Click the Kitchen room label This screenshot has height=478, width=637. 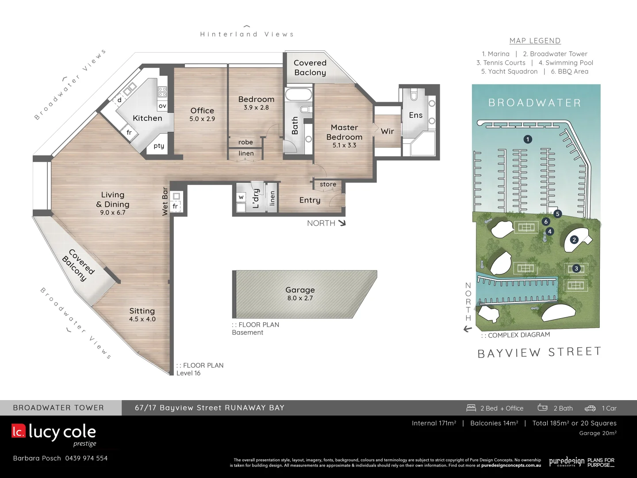(x=147, y=118)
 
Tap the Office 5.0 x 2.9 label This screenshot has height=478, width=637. (x=202, y=114)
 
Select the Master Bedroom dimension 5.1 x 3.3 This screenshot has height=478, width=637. (x=344, y=145)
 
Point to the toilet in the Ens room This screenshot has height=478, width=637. (x=414, y=95)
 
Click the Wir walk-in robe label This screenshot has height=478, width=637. (x=387, y=131)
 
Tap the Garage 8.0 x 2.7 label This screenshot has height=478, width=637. (x=300, y=293)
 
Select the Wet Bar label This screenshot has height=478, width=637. (x=165, y=201)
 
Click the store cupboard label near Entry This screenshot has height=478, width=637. (x=328, y=184)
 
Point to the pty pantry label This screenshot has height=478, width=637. (x=159, y=146)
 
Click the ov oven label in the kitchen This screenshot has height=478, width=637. (x=162, y=106)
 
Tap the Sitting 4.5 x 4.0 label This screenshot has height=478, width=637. (x=142, y=314)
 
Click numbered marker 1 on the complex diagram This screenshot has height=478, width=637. (x=527, y=139)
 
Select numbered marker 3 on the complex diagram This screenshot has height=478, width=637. (x=576, y=268)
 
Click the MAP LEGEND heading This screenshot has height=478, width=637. (x=535, y=41)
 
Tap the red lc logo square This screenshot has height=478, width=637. (x=19, y=431)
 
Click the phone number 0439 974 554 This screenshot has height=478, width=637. (x=86, y=458)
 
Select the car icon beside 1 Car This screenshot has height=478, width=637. (x=590, y=408)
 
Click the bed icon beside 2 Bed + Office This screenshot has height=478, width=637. (x=471, y=408)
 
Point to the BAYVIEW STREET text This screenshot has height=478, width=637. (x=539, y=352)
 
